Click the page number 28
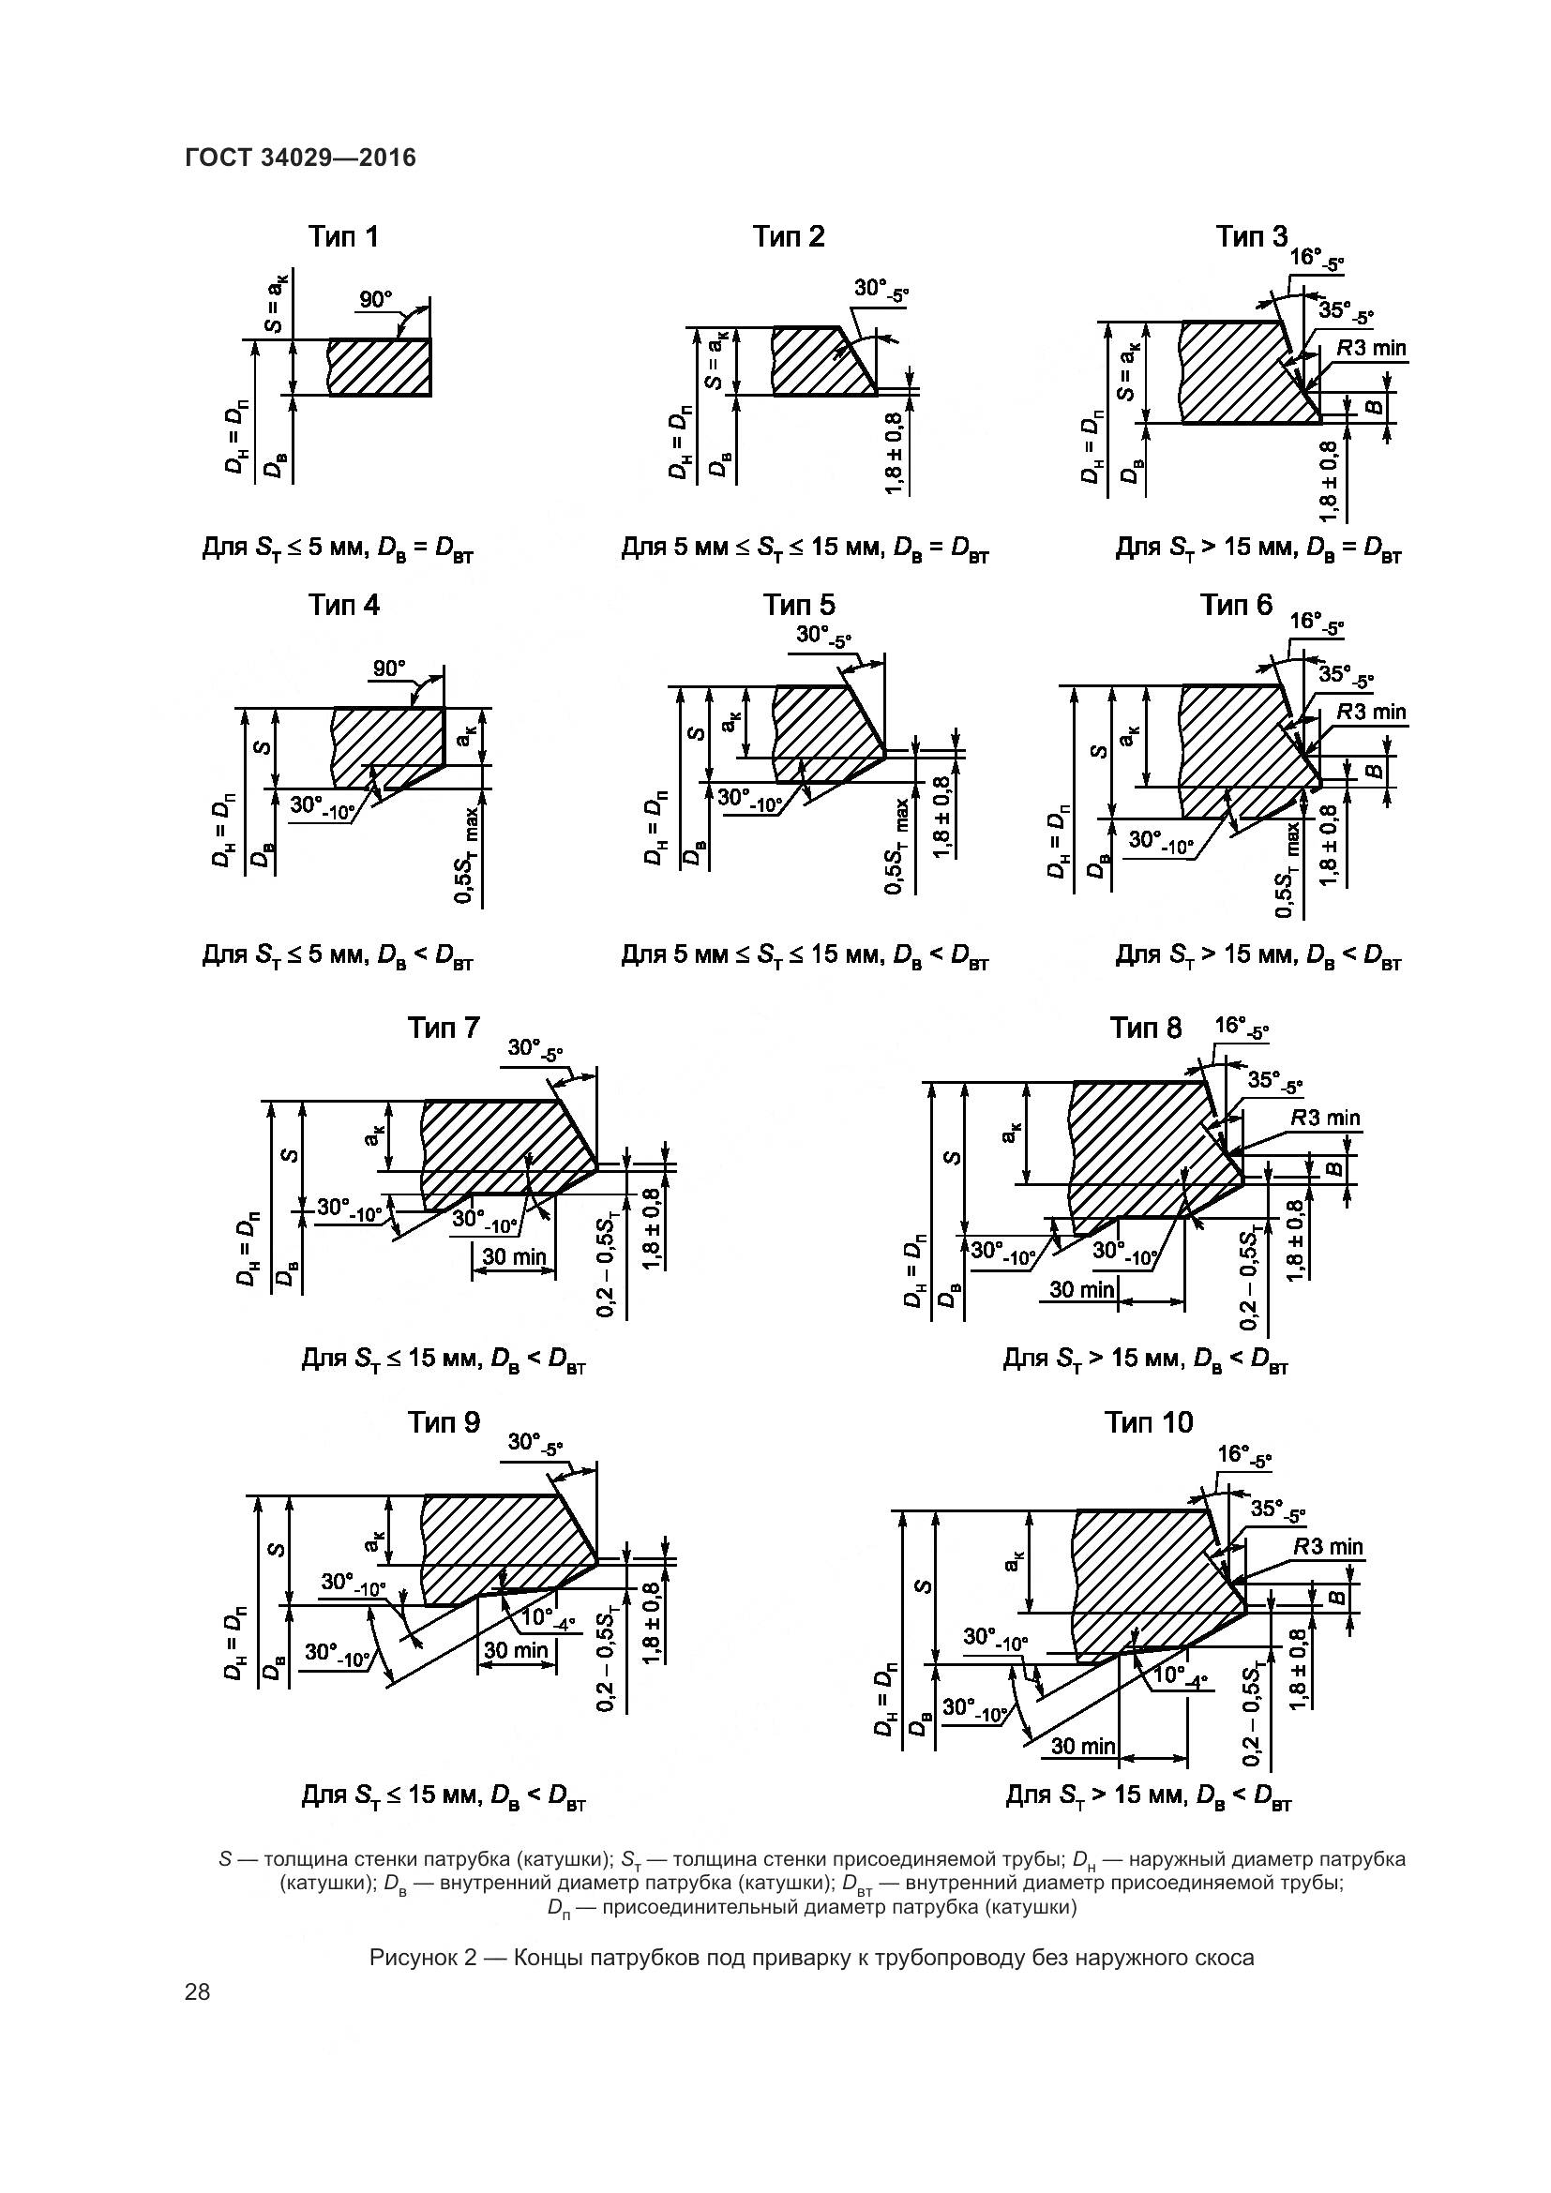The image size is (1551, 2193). [198, 1991]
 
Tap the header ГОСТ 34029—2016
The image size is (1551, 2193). [300, 158]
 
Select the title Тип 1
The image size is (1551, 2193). [343, 237]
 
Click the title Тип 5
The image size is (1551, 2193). [798, 605]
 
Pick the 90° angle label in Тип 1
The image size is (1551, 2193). [375, 299]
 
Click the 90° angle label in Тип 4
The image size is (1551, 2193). [389, 668]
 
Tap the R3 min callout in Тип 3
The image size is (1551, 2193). [1371, 348]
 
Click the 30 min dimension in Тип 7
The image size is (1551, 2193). [514, 1256]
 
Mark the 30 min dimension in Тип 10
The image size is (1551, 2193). [1083, 1746]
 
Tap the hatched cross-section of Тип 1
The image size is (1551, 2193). [379, 367]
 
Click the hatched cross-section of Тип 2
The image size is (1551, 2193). [817, 361]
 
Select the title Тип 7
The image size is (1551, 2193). [444, 1028]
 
